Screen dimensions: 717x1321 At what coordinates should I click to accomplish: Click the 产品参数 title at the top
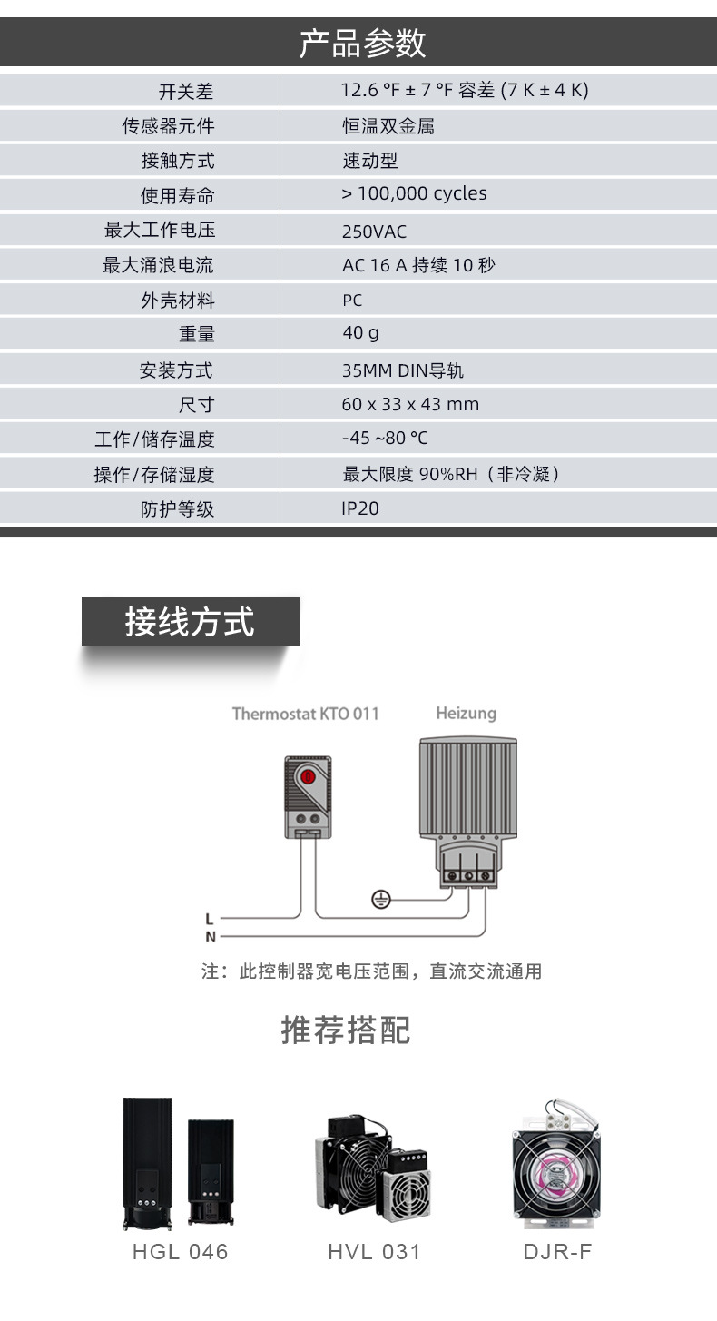[x=362, y=43]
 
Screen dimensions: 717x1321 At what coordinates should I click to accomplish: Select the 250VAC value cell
[x=374, y=232]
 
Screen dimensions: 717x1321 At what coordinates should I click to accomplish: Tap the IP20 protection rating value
[x=360, y=508]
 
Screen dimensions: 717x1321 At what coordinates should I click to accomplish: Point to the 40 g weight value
[x=360, y=333]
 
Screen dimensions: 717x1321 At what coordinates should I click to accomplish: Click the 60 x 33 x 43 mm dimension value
[x=410, y=404]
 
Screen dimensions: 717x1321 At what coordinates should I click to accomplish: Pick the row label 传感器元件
[x=169, y=126]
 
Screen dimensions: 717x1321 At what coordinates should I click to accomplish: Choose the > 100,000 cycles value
[x=414, y=193]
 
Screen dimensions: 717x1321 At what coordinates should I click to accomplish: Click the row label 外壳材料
[x=178, y=301]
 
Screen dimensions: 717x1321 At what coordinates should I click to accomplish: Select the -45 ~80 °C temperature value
[x=385, y=439]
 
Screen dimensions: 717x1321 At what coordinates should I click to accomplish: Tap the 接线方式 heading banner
[x=191, y=622]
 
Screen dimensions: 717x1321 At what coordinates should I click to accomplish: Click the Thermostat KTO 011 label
[x=305, y=714]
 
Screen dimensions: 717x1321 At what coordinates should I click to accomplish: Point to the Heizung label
[x=466, y=713]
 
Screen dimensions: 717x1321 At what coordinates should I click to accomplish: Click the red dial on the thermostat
[x=308, y=777]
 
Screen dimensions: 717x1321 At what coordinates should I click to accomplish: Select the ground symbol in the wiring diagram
[x=381, y=900]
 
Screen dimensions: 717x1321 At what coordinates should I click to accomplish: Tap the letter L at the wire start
[x=210, y=919]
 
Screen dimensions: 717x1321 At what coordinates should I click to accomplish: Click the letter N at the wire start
[x=210, y=937]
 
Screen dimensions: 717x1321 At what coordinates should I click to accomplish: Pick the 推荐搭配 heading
[x=346, y=1030]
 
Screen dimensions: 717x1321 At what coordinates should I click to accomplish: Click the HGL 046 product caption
[x=180, y=1252]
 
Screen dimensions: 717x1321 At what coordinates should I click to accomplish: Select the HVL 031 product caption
[x=374, y=1252]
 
